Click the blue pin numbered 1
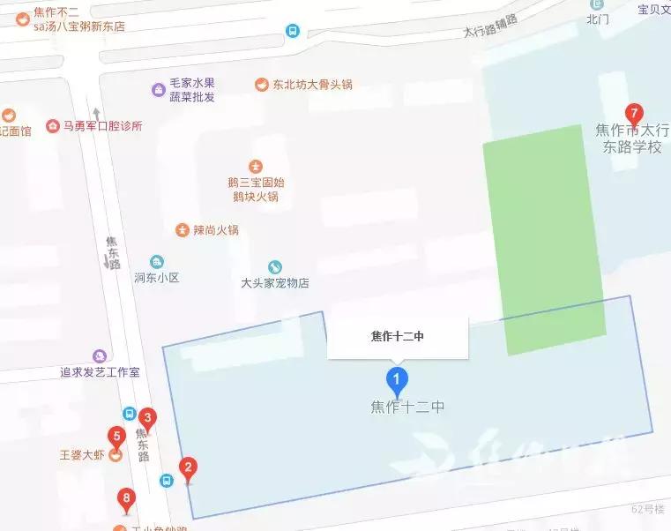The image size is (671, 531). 398,381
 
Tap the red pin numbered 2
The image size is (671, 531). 187,468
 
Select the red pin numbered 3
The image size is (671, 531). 148,418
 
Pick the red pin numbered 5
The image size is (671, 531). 115,436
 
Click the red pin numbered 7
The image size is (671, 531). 632,114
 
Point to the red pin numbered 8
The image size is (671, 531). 127,500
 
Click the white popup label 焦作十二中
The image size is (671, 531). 398,335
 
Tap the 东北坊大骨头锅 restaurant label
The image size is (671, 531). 312,85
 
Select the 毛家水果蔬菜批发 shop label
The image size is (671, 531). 193,90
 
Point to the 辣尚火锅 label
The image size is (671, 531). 216,230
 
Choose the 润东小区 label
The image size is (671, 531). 156,277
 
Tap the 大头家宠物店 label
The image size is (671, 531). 275,283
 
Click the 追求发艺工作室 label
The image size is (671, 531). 100,372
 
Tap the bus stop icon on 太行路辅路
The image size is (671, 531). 292,31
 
